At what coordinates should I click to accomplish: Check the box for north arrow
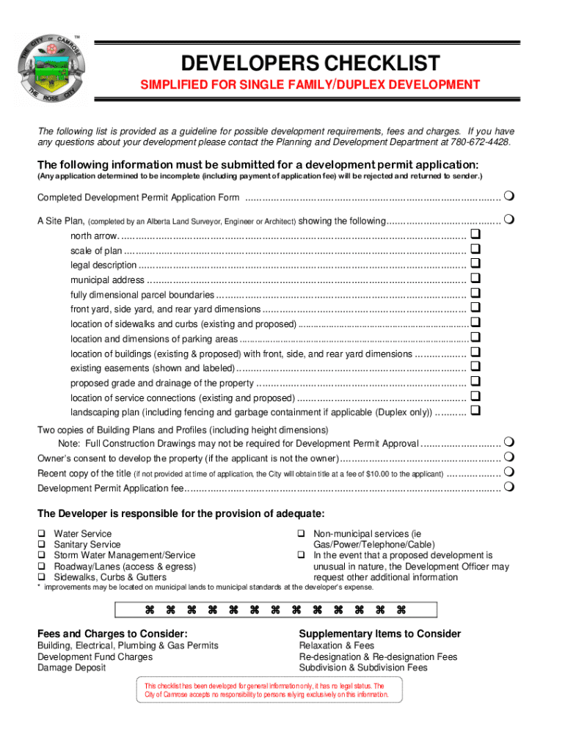[x=475, y=235]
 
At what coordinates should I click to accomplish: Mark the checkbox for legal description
[x=475, y=264]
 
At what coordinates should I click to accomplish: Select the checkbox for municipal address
[x=475, y=279]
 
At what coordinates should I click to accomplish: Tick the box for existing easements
[x=475, y=367]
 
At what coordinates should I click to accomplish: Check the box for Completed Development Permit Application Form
[x=508, y=197]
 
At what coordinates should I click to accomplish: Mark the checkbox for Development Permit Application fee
[x=508, y=487]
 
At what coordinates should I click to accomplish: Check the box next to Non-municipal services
[x=301, y=534]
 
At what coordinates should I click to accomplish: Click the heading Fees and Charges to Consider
[x=112, y=634]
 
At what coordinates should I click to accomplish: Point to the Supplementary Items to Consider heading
[x=380, y=634]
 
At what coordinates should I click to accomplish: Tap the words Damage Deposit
[x=72, y=668]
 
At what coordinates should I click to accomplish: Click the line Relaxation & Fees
[x=337, y=645]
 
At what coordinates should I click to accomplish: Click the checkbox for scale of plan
[x=475, y=249]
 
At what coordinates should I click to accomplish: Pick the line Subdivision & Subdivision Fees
[x=363, y=668]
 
